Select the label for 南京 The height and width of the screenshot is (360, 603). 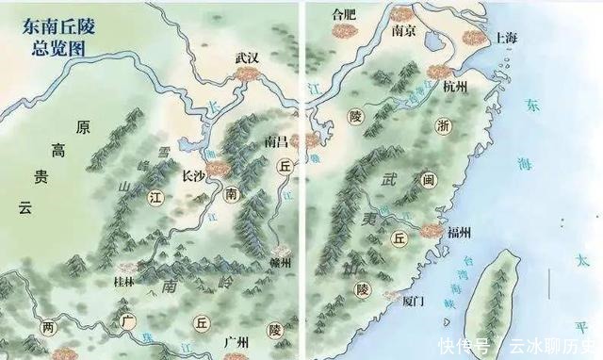[x=404, y=29]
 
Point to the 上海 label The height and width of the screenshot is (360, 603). [x=506, y=39]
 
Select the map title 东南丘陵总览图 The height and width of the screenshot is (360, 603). [x=55, y=37]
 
